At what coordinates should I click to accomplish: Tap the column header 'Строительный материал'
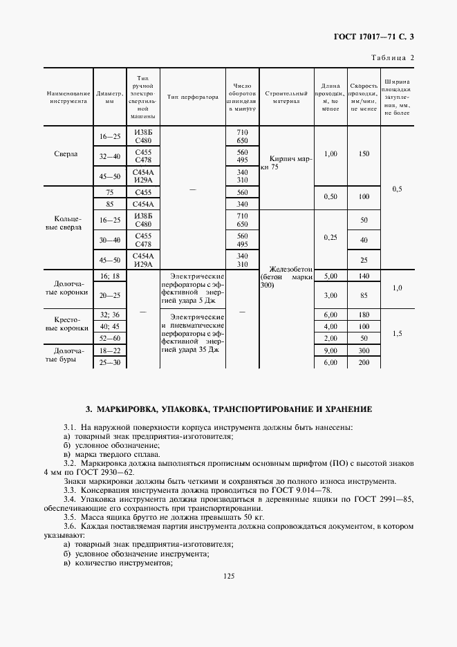coord(286,97)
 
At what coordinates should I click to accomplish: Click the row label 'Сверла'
coord(68,155)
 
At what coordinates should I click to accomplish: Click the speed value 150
coord(364,153)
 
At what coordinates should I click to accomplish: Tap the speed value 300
coord(364,350)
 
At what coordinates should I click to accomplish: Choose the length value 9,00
coord(330,350)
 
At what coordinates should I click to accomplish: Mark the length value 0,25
coord(330,237)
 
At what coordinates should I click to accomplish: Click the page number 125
coord(228,575)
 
